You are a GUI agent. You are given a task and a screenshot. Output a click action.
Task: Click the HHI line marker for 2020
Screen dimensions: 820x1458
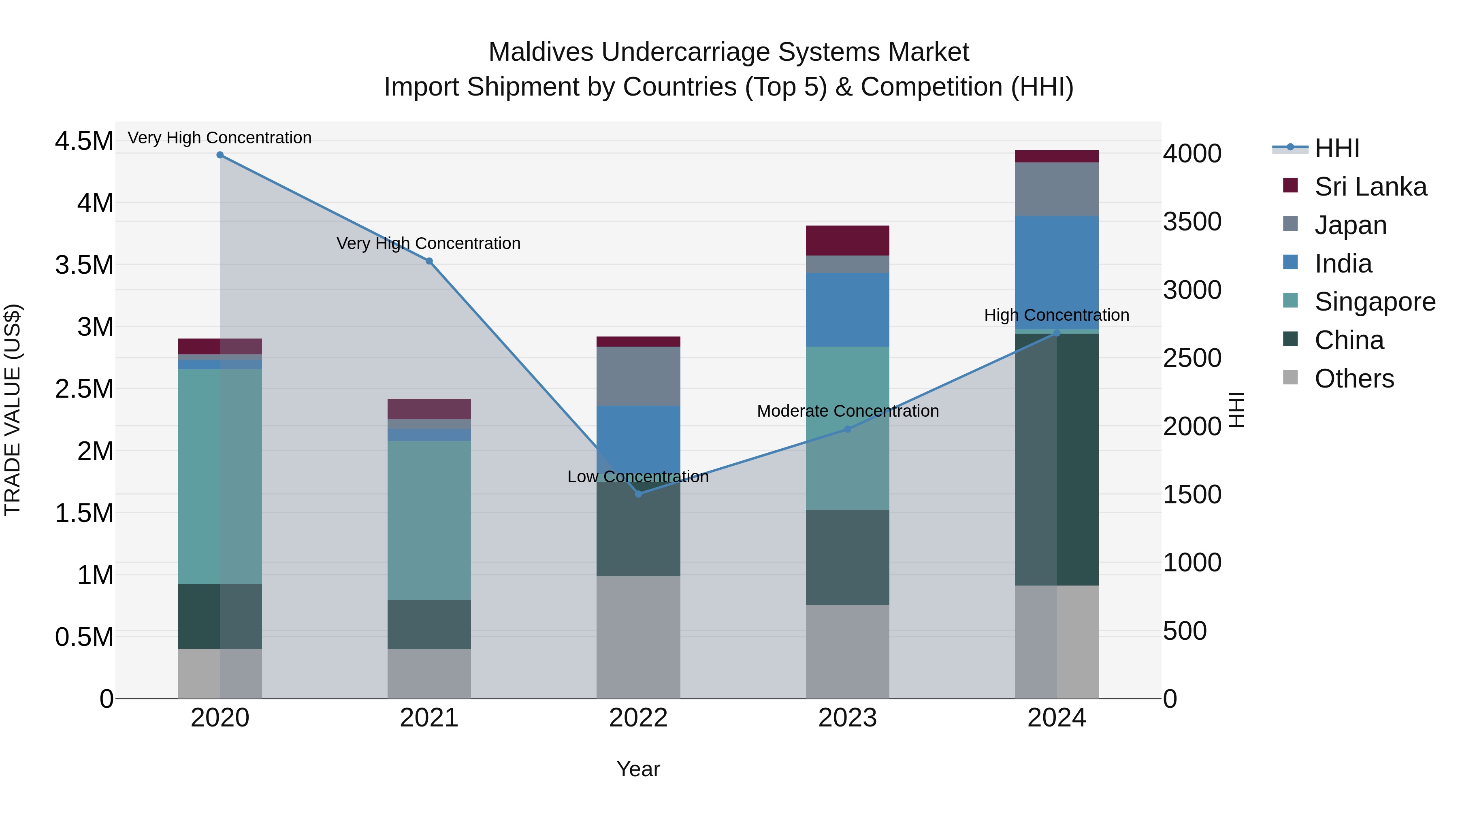coord(220,155)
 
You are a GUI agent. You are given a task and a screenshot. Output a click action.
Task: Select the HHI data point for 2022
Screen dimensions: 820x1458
coord(638,494)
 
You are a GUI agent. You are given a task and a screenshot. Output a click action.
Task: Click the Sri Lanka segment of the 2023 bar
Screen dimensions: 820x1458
coord(847,241)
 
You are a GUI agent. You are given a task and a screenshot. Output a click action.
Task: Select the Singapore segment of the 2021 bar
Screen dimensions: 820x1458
coord(429,521)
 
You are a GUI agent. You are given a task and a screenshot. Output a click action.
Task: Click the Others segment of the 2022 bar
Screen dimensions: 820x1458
coord(638,637)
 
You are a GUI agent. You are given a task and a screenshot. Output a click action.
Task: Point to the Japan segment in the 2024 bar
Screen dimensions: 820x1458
coord(1056,189)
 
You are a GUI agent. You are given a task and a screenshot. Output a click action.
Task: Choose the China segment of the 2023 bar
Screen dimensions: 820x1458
coord(847,558)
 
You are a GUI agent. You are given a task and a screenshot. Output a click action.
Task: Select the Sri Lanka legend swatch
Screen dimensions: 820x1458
coord(1290,185)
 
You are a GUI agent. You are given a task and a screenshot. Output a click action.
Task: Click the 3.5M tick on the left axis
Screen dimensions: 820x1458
coord(84,265)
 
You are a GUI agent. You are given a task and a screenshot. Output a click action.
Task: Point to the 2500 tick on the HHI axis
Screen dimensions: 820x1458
coord(1192,358)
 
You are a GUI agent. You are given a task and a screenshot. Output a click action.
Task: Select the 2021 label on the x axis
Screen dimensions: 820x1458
coord(429,718)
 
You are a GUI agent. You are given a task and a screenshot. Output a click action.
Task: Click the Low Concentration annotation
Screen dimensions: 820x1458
coord(638,477)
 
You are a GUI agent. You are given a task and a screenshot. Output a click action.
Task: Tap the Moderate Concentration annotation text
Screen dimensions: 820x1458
coord(847,411)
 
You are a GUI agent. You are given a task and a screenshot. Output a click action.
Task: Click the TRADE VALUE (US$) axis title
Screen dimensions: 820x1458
coord(13,410)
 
